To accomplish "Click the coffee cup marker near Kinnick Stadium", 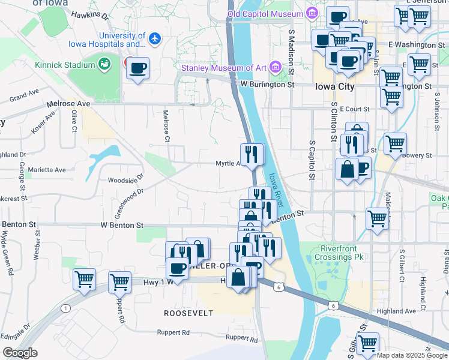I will point(138,68).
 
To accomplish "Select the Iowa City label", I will point(334,86).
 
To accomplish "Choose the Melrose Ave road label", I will point(70,104).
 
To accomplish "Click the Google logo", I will point(20,352).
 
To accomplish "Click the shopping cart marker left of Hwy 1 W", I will point(119,281).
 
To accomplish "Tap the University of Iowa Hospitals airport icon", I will point(155,39).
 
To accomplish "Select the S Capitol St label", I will point(312,160).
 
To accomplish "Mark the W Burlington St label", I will point(267,85).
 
